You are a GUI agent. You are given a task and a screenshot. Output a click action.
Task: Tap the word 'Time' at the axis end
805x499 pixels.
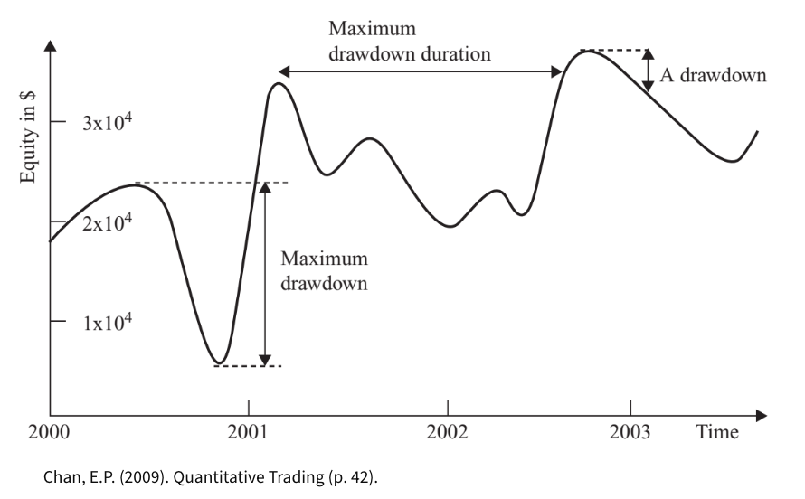pos(716,432)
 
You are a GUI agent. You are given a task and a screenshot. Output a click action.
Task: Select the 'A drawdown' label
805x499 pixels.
pos(713,75)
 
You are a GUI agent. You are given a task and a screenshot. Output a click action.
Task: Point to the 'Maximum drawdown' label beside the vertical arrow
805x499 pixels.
pos(323,270)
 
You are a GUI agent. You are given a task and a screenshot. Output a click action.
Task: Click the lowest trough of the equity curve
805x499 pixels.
pos(220,363)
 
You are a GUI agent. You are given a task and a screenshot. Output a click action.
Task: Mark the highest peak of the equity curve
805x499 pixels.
pos(588,51)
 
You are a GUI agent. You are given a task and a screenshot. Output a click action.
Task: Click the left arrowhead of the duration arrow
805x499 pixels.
pos(283,71)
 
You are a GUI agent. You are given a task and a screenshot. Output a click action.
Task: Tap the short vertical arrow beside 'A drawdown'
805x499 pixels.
pos(648,71)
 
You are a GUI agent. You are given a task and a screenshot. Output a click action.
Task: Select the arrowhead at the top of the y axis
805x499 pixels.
pos(50,44)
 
